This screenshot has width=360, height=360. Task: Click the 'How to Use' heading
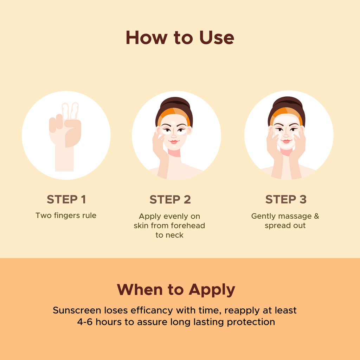pos(180,38)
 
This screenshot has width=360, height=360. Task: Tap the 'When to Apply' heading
pos(176,290)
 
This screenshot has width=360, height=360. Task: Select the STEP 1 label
pos(66,199)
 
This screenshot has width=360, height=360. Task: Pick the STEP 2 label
pos(170,200)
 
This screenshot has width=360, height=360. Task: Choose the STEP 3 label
pos(286,199)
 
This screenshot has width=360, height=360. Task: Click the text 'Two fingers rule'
pos(66,216)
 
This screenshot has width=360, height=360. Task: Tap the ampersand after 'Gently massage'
pos(317,216)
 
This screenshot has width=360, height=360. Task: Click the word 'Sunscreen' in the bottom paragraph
pos(77,310)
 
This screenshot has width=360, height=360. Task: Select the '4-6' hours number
pos(85,322)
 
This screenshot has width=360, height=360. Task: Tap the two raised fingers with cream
pos(70,111)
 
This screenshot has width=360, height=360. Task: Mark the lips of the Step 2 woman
pos(174,141)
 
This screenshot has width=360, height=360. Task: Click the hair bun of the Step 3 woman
pos(287,102)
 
